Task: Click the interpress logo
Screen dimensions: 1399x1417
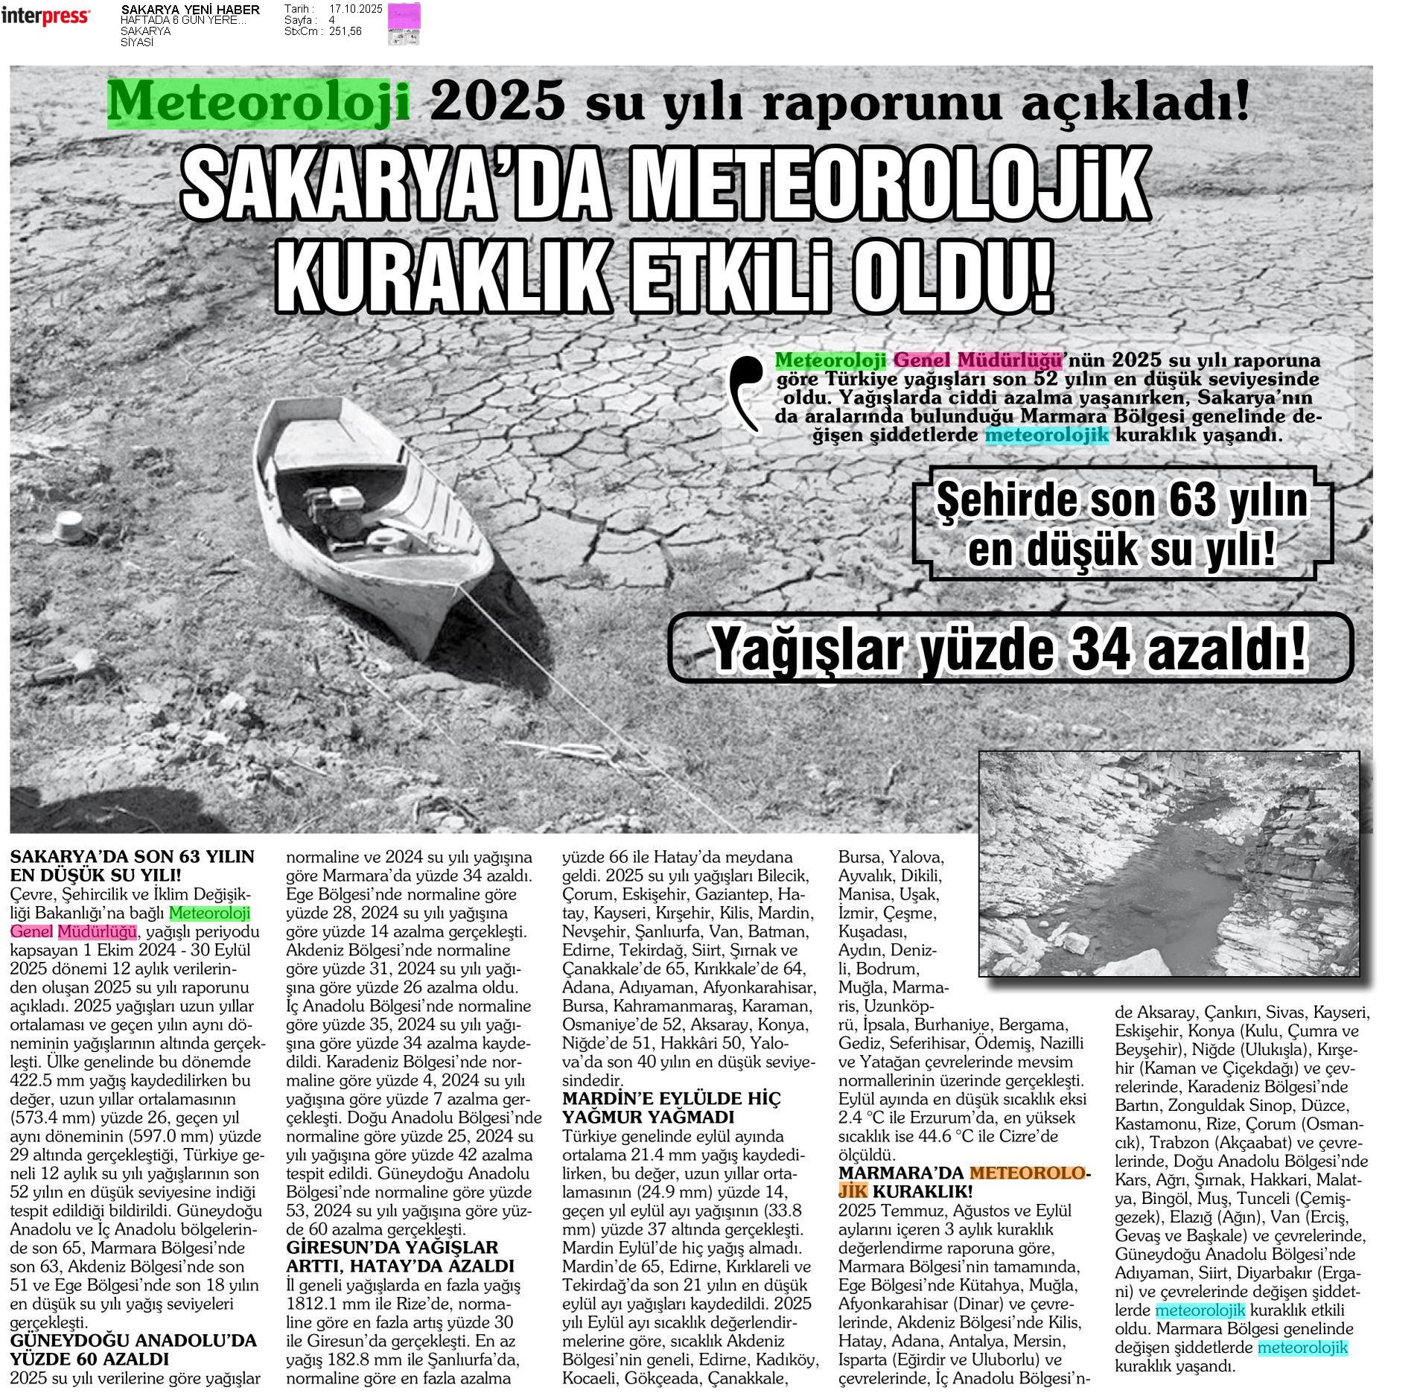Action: coord(45,16)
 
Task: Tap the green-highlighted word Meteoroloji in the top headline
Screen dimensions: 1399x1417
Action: coord(258,101)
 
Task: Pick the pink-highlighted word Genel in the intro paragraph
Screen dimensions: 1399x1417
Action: coord(920,360)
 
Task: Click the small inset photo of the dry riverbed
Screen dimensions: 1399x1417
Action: coord(1168,863)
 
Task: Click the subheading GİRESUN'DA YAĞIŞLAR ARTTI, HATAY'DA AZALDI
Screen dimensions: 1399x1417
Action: coord(400,1257)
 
